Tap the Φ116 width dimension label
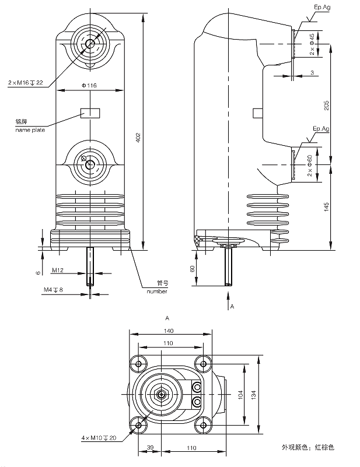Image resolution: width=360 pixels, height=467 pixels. pyautogui.click(x=89, y=86)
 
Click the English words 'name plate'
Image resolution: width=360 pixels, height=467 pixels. pyautogui.click(x=30, y=129)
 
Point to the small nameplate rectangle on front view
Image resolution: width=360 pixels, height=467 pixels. pyautogui.click(x=90, y=113)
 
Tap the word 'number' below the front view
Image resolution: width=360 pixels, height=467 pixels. pyautogui.click(x=157, y=291)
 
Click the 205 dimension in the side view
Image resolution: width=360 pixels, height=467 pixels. pyautogui.click(x=327, y=104)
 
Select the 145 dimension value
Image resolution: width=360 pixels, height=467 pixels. pyautogui.click(x=327, y=207)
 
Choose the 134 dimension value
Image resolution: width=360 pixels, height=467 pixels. pyautogui.click(x=253, y=395)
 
